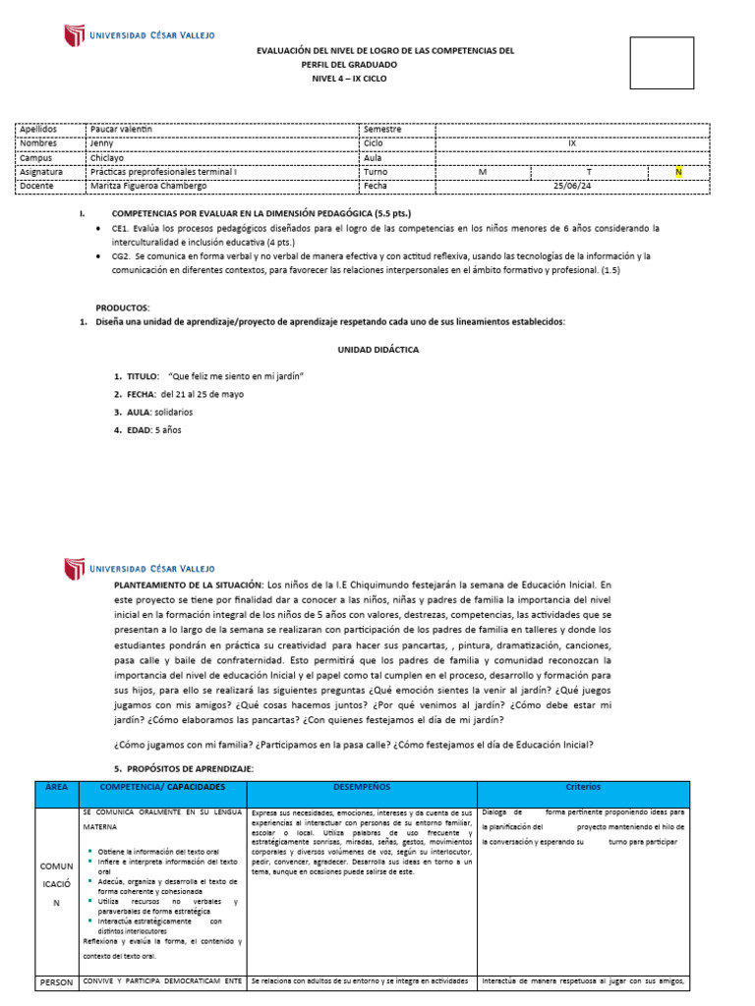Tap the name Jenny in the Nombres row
pyautogui.click(x=102, y=142)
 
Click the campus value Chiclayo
pyautogui.click(x=108, y=157)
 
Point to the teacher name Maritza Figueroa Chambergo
pyautogui.click(x=148, y=186)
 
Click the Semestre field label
pyautogui.click(x=382, y=129)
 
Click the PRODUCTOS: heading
pyautogui.click(x=122, y=307)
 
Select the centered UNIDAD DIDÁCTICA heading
pyautogui.click(x=377, y=349)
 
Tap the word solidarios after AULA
pyautogui.click(x=173, y=412)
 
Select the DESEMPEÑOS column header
pyautogui.click(x=361, y=787)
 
